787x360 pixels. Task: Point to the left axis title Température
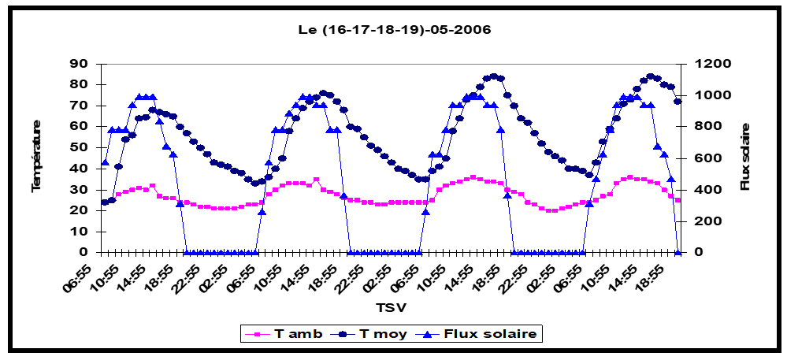(36, 158)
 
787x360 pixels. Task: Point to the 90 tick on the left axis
(82, 64)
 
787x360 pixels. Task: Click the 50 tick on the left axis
(82, 147)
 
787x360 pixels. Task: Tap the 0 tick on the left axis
(86, 252)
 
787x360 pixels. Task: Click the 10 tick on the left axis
(82, 232)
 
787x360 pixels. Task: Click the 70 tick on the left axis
(82, 106)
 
